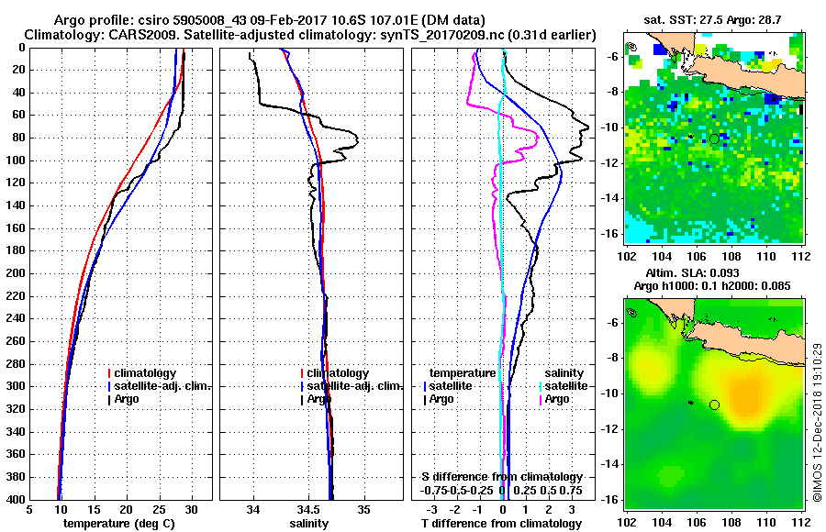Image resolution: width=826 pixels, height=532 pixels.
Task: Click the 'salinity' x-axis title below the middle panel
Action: [310, 524]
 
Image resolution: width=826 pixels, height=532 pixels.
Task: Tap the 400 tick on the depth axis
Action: [18, 500]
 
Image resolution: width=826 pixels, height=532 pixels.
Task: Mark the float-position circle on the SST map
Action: [714, 139]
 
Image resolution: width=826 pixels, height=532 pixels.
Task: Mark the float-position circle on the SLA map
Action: [714, 405]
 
